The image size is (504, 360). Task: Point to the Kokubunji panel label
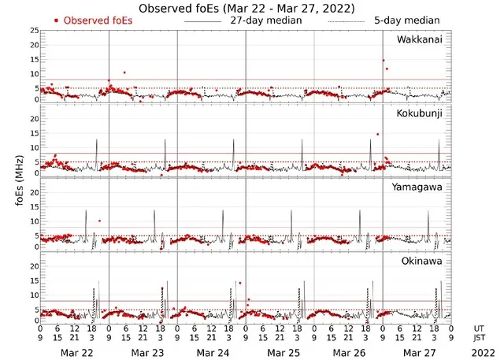click(x=419, y=114)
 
